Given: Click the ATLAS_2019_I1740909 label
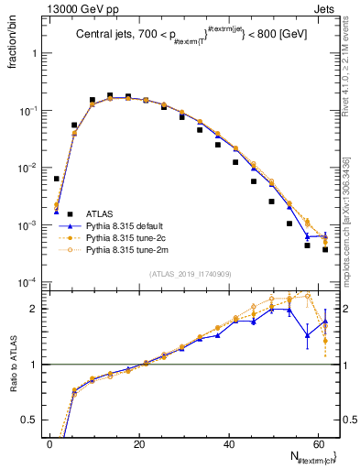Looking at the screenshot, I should [x=189, y=274].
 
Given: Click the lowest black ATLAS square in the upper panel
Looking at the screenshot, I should [x=325, y=249].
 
